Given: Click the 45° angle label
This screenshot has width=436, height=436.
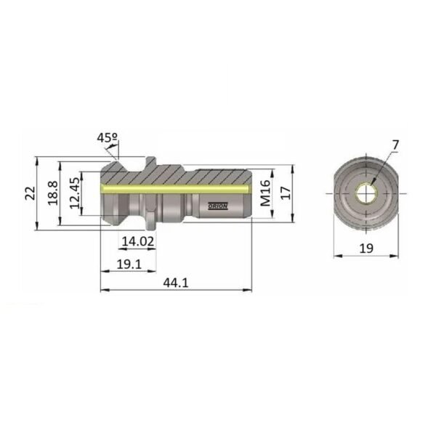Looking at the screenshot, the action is tap(108, 137).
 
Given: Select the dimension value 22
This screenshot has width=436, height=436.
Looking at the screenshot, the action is tap(31, 193).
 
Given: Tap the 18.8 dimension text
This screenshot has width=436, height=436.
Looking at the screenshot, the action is tap(53, 193).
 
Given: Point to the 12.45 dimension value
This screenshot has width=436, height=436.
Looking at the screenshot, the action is tap(75, 193).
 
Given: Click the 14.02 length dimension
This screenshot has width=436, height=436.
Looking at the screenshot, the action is tap(138, 241).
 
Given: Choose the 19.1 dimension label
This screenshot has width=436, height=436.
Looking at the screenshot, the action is tap(129, 264).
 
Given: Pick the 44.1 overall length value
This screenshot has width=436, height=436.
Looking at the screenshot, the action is tap(176, 283).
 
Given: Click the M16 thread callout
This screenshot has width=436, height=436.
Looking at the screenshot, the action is tap(265, 193).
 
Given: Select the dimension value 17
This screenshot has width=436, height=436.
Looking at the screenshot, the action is tap(286, 193).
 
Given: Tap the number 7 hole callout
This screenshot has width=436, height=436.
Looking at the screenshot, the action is tap(395, 145).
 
